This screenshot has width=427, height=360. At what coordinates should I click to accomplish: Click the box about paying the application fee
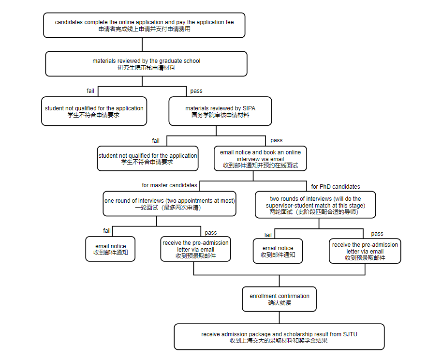[144, 25]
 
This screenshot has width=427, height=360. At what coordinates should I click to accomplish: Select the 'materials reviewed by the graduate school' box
[146, 64]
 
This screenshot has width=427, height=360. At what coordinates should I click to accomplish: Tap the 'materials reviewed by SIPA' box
[220, 111]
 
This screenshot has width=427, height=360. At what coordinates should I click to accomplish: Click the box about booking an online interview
[260, 159]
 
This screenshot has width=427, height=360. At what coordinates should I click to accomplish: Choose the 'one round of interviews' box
[169, 204]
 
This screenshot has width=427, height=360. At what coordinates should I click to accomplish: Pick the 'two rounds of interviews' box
[315, 205]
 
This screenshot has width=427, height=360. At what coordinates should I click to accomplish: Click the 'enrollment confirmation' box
[279, 299]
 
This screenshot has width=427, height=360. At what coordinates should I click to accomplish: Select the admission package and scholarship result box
[279, 337]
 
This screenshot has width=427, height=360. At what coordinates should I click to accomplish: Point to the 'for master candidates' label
[169, 185]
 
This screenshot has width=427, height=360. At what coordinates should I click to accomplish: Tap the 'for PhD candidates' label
[336, 187]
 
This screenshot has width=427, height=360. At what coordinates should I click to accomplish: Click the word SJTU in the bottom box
[350, 334]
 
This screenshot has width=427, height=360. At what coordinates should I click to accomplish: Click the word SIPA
[249, 108]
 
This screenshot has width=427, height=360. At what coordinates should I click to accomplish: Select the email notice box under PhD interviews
[278, 251]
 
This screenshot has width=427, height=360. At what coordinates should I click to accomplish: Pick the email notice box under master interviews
[110, 249]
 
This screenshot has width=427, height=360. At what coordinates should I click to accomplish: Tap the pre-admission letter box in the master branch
[195, 249]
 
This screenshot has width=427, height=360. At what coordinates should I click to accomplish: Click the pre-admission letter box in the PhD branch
[365, 251]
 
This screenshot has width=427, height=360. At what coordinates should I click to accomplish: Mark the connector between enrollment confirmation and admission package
[279, 317]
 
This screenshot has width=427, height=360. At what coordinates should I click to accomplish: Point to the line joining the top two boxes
[142, 45]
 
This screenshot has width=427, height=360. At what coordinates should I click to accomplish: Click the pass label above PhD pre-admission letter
[377, 234]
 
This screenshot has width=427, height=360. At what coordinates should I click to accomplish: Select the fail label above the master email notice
[107, 231]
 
